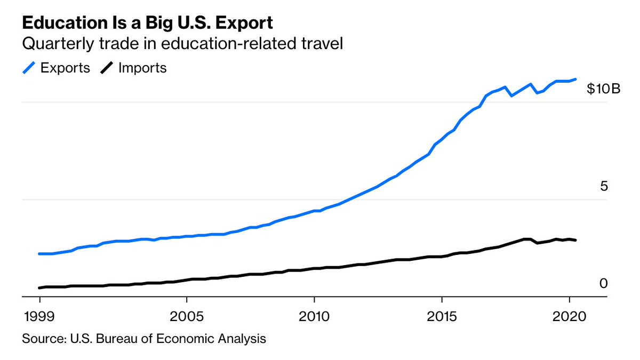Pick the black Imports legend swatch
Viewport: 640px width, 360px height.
(x=107, y=68)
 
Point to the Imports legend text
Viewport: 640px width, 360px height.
(x=142, y=68)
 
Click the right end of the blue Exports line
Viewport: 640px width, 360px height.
(x=575, y=79)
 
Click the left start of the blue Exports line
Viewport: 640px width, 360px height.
(x=39, y=254)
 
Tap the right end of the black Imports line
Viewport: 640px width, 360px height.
(x=575, y=240)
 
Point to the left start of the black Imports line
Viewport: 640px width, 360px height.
(x=39, y=288)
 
